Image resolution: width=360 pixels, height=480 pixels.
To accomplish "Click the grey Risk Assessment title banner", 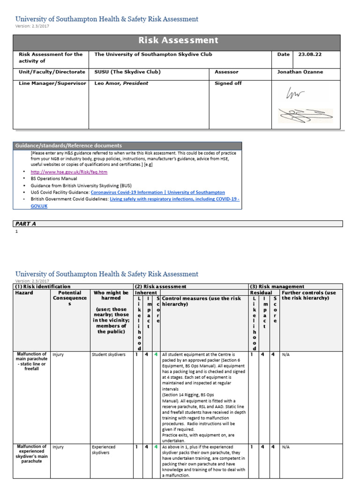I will [x=178, y=41].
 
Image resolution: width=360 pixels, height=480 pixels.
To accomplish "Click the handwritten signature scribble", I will [x=305, y=112].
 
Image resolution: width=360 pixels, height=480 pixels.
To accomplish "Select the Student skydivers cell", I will [x=109, y=355].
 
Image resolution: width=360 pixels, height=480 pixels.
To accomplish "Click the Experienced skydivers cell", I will [x=104, y=450].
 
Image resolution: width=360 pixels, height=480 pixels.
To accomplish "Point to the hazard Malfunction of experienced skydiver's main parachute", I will [x=31, y=453].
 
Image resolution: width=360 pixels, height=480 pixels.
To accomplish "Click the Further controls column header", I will [x=308, y=295].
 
